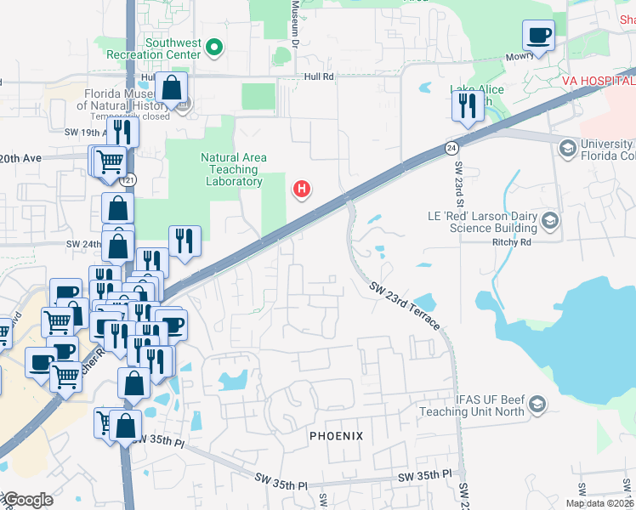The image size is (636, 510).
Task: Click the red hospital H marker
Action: pyautogui.click(x=300, y=188)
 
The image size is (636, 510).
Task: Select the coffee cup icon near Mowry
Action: pyautogui.click(x=538, y=36)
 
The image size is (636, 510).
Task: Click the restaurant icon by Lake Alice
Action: pyautogui.click(x=466, y=106)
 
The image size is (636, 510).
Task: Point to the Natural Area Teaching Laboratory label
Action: pyautogui.click(x=234, y=169)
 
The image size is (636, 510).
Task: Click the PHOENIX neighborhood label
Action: pyautogui.click(x=336, y=436)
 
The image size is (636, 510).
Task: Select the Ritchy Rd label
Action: pyautogui.click(x=511, y=241)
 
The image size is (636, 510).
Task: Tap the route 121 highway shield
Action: pyautogui.click(x=128, y=180)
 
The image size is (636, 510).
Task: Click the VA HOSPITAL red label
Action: pyautogui.click(x=599, y=80)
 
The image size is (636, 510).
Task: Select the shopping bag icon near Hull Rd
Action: pyautogui.click(x=172, y=88)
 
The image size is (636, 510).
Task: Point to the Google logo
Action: pyautogui.click(x=27, y=500)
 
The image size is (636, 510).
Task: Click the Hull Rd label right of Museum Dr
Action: pyautogui.click(x=319, y=76)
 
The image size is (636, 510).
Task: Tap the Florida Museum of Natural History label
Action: pyautogui.click(x=121, y=99)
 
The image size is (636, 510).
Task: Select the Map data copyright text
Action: pyautogui.click(x=599, y=503)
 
